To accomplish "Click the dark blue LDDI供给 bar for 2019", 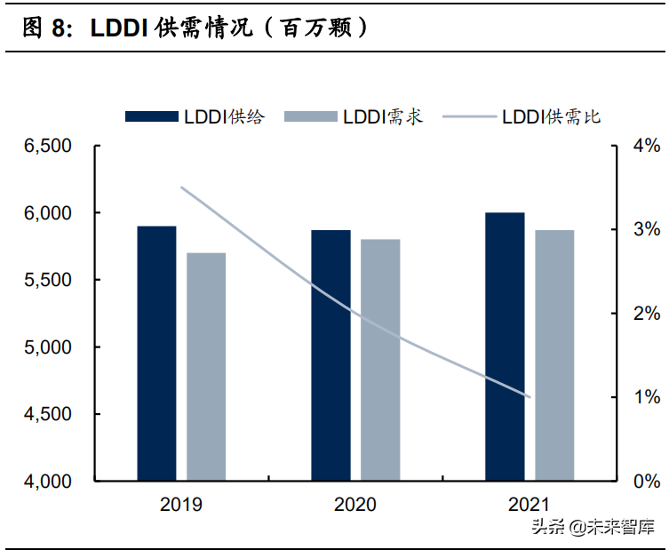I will (x=156, y=354).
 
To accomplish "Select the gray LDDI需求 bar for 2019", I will (x=206, y=367).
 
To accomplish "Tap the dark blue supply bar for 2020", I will (x=331, y=355).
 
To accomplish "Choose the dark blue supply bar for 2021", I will (x=505, y=347).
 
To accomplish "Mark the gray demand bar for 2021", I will (x=554, y=355).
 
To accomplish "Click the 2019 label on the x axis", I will (x=181, y=505).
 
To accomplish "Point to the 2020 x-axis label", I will (x=355, y=505).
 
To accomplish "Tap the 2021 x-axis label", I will (x=530, y=505).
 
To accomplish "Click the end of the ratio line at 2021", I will (x=530, y=397).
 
